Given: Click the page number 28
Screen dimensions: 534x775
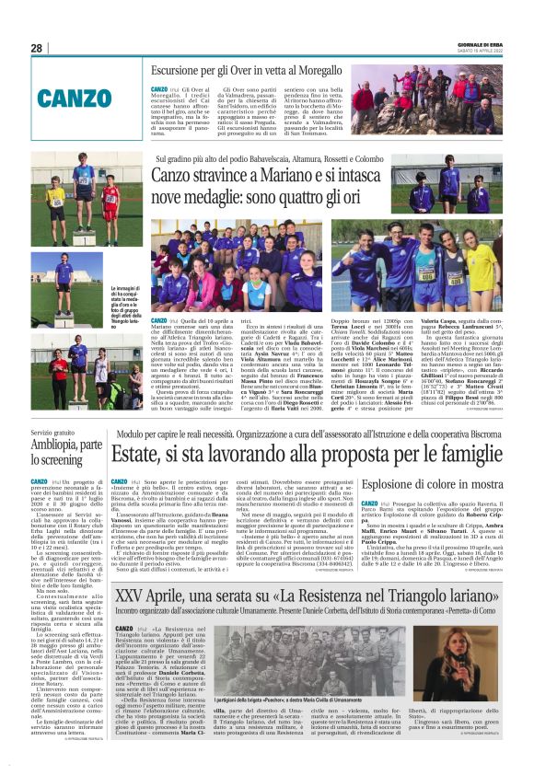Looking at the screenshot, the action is [37, 48].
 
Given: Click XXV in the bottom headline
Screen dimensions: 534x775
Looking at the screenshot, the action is [134, 571].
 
